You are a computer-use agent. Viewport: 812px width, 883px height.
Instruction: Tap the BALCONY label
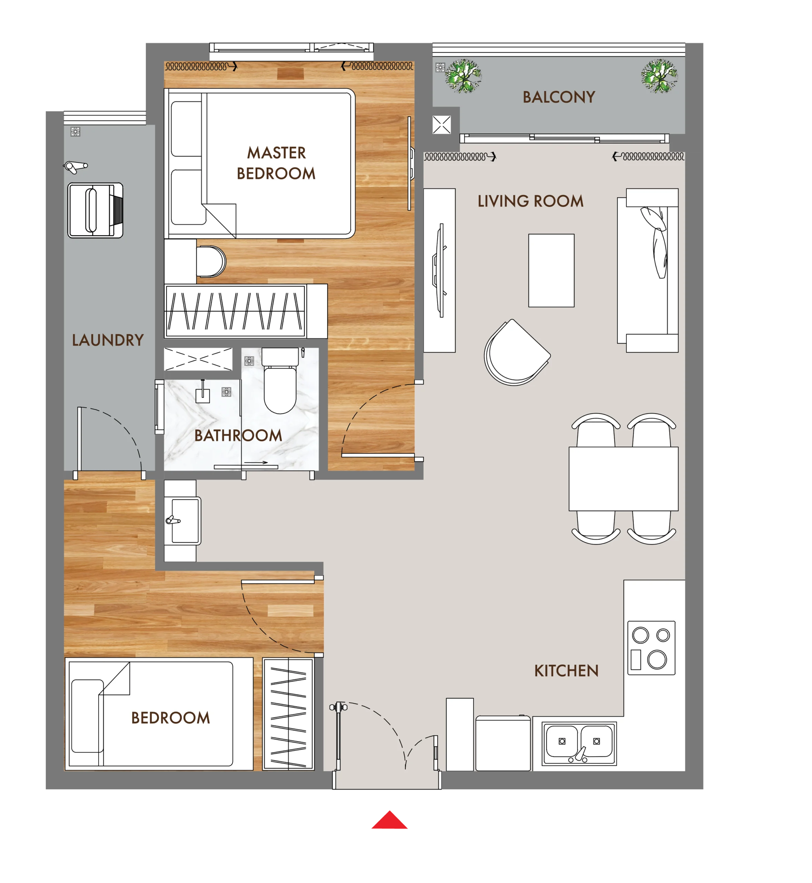point(559,97)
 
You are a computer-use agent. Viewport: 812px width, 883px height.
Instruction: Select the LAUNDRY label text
point(108,340)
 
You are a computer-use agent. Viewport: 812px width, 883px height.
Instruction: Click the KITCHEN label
point(566,671)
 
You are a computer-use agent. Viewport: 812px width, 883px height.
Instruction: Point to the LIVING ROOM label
point(531,201)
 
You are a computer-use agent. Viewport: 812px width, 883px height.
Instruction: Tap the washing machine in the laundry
point(95,210)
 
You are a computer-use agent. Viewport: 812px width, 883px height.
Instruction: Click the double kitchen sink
point(579,744)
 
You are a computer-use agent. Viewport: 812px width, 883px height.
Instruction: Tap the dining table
point(624,479)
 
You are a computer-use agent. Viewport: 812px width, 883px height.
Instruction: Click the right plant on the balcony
point(659,76)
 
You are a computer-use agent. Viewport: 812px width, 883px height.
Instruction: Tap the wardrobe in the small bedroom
point(288,714)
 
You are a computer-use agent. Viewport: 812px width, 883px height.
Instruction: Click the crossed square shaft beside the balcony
point(442,125)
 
